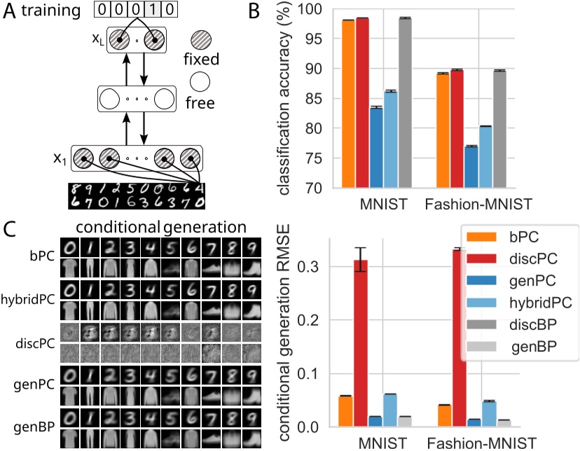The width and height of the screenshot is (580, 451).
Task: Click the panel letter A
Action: tap(10, 12)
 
